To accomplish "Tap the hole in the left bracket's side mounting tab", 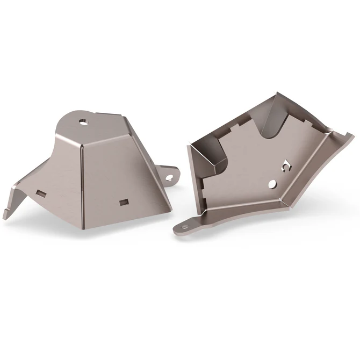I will pos(170,175).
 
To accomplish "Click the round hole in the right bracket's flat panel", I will pos(273,184).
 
